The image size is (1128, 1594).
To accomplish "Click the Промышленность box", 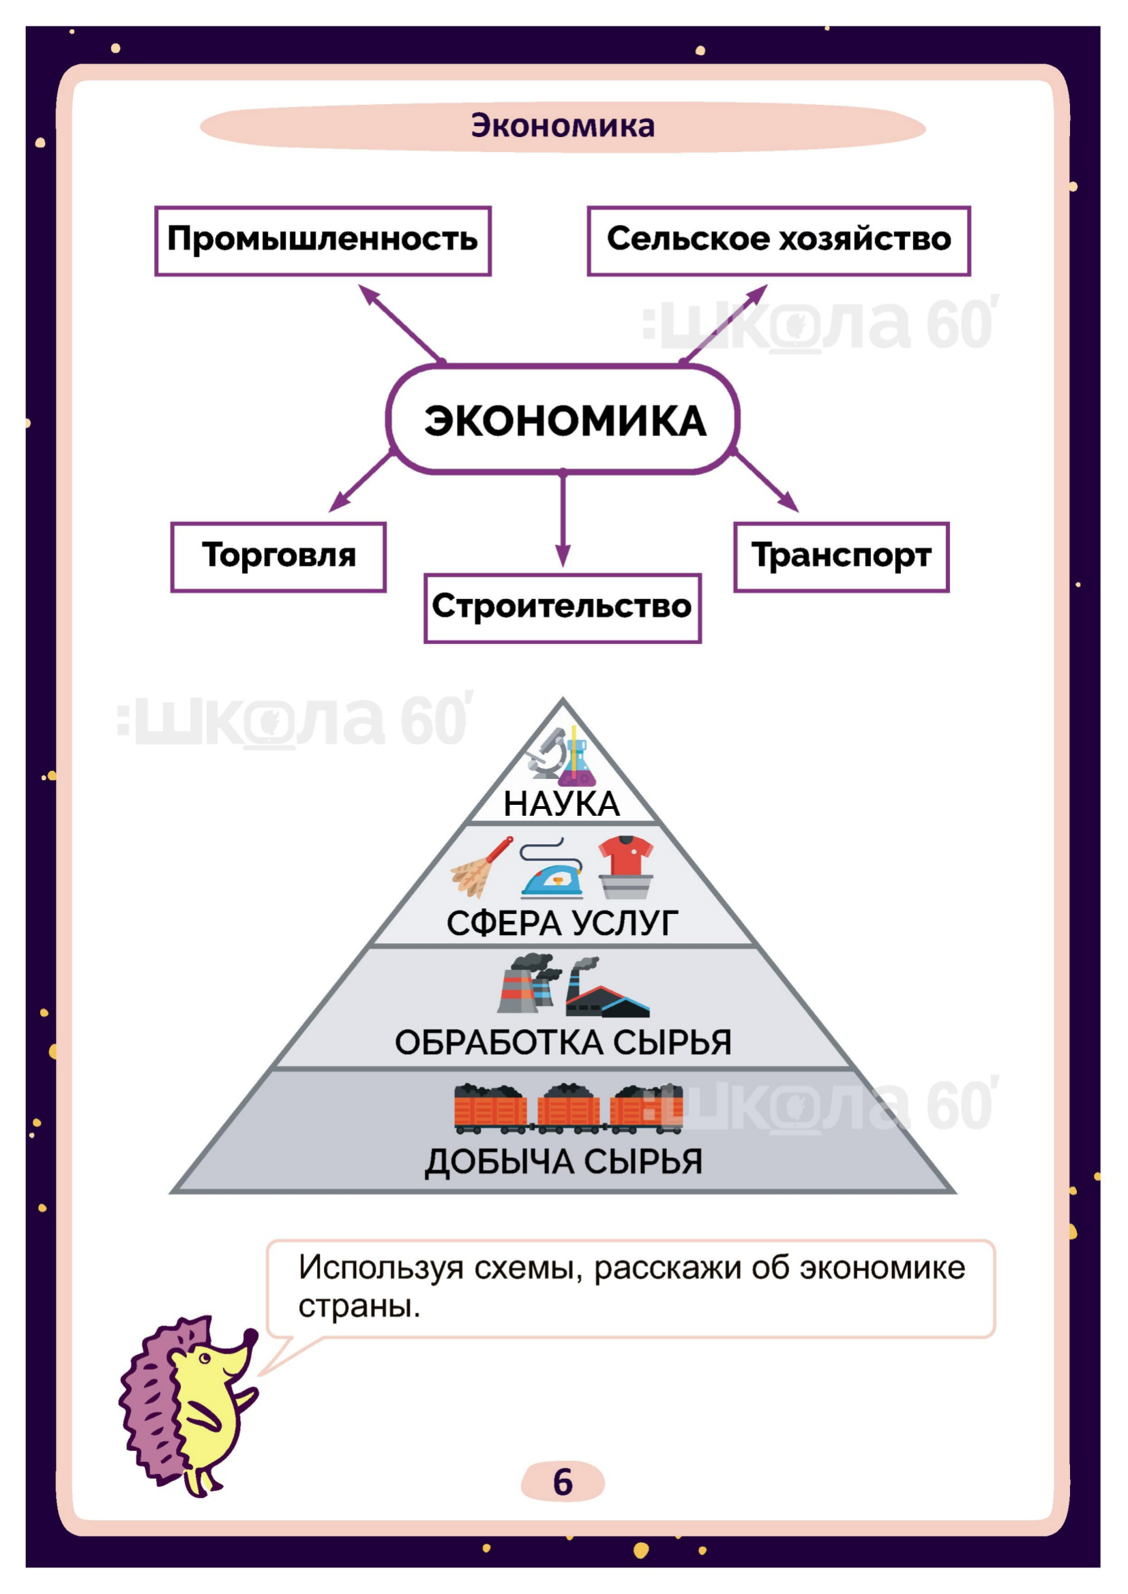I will pos(323,240).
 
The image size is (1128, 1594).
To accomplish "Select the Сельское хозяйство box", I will pos(778,240).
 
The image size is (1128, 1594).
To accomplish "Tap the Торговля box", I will pos(278,557).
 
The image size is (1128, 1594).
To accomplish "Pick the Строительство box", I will pos(563,607).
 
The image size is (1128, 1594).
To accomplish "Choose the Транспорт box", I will pos(840,557).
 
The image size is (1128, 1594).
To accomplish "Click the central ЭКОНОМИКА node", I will pos(563,420).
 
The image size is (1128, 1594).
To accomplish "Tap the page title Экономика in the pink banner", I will pos(563,126).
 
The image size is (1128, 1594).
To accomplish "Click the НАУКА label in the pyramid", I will pos(561,804).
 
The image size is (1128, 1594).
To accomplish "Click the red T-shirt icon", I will pos(625,855).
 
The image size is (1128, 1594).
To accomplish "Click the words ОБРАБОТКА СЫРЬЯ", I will pos(563,1043).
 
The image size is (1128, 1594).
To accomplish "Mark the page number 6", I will pos(563,1482).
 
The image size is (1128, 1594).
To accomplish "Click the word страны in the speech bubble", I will pos(359,1307).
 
